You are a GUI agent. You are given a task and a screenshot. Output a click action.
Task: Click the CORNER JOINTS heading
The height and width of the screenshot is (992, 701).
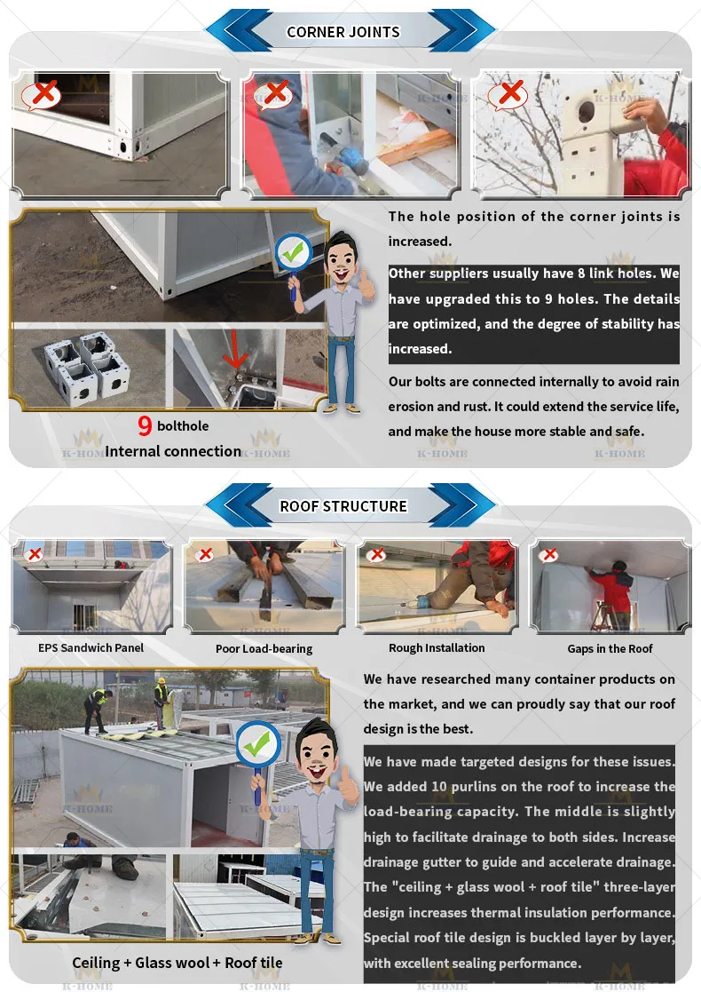pyautogui.click(x=343, y=32)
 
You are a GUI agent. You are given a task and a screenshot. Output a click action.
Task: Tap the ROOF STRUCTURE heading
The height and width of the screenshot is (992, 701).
pyautogui.click(x=343, y=506)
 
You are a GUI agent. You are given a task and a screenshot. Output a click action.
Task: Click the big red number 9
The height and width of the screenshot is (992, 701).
pyautogui.click(x=145, y=426)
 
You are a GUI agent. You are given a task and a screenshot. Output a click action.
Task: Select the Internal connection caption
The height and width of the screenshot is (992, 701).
pyautogui.click(x=173, y=451)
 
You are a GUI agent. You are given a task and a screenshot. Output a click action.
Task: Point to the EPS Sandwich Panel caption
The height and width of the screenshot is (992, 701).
pyautogui.click(x=91, y=647)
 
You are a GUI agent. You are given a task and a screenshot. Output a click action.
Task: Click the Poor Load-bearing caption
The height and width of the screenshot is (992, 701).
pyautogui.click(x=264, y=648)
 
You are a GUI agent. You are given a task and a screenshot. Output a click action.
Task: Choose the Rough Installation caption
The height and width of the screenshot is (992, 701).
pyautogui.click(x=437, y=647)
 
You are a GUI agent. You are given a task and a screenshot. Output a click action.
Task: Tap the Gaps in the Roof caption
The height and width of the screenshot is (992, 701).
pyautogui.click(x=610, y=648)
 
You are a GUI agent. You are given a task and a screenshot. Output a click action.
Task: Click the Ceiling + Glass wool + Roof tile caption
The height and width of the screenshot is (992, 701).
pyautogui.click(x=177, y=963)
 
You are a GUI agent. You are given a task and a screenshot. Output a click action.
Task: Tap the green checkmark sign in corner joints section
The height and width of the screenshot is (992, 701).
pyautogui.click(x=292, y=253)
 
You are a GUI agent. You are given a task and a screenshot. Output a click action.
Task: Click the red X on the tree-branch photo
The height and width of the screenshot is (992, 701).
pyautogui.click(x=510, y=92)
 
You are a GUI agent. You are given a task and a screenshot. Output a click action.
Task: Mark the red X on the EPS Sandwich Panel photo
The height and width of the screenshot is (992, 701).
pyautogui.click(x=35, y=554)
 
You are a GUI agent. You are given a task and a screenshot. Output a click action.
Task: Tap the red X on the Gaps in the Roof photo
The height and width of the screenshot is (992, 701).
pyautogui.click(x=549, y=555)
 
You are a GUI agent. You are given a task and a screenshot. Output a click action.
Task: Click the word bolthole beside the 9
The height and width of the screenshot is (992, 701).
pyautogui.click(x=183, y=426)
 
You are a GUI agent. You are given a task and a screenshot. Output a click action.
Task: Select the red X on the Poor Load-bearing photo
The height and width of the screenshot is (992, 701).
pyautogui.click(x=205, y=554)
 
